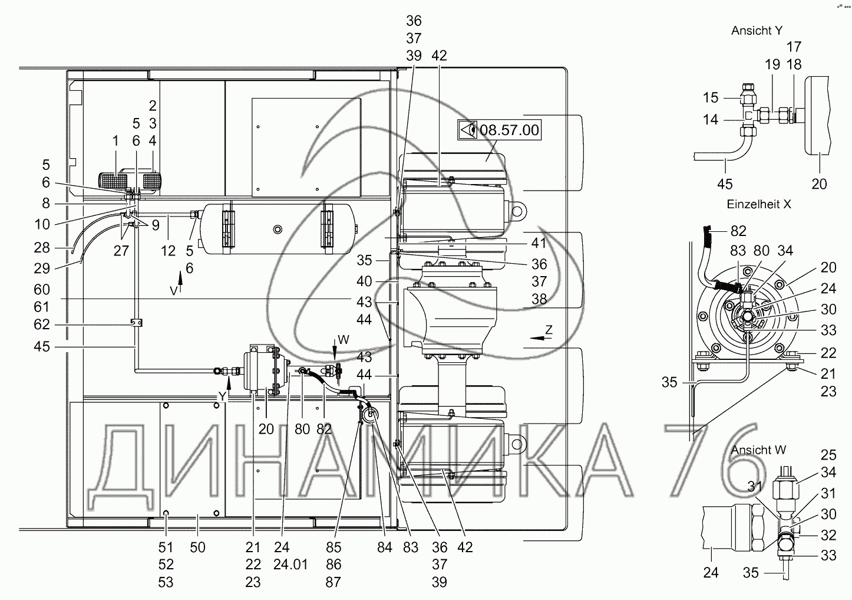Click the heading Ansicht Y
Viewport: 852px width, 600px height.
757,31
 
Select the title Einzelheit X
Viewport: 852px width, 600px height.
759,204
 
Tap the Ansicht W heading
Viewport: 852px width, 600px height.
759,450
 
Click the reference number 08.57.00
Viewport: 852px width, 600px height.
509,130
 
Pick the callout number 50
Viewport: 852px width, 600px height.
197,547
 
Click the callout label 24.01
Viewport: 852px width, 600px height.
291,565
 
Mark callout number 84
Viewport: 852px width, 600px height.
384,547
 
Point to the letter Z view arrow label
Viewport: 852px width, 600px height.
549,330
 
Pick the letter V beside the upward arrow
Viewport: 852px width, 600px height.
173,290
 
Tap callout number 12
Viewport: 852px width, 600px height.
168,251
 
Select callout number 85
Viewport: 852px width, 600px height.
333,547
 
